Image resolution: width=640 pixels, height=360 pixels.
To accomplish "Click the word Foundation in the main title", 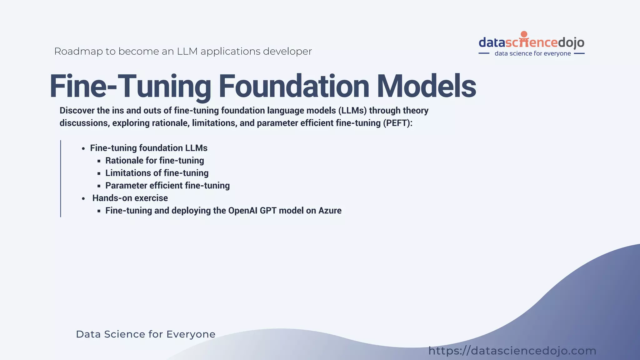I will pyautogui.click(x=294, y=86).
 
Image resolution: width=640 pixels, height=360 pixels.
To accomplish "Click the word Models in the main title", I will pyautogui.click(x=426, y=86).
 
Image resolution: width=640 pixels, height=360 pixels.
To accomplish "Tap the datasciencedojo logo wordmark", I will pyautogui.click(x=531, y=42).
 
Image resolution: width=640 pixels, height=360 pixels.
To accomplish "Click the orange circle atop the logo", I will pyautogui.click(x=524, y=34).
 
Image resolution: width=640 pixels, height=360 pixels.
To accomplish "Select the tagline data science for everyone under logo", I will pyautogui.click(x=532, y=53).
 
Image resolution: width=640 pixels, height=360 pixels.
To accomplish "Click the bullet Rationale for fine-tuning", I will pyautogui.click(x=154, y=161).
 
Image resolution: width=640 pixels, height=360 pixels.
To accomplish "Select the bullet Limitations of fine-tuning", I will pyautogui.click(x=157, y=173).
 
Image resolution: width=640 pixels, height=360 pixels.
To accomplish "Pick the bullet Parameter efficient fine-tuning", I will pyautogui.click(x=167, y=186).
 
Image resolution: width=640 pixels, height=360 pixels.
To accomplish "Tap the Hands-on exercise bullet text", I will pyautogui.click(x=130, y=198).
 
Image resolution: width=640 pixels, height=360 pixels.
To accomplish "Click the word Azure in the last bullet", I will pyautogui.click(x=330, y=211).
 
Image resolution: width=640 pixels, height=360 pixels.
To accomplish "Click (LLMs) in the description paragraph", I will pyautogui.click(x=352, y=111).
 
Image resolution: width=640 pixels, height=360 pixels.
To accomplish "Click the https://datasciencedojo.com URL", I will pyautogui.click(x=512, y=351).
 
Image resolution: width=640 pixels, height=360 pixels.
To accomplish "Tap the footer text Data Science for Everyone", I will pyautogui.click(x=146, y=334).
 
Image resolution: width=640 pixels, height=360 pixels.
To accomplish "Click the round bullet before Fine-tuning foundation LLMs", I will pyautogui.click(x=83, y=149).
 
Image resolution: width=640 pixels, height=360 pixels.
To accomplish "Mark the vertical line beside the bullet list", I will pyautogui.click(x=61, y=178).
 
